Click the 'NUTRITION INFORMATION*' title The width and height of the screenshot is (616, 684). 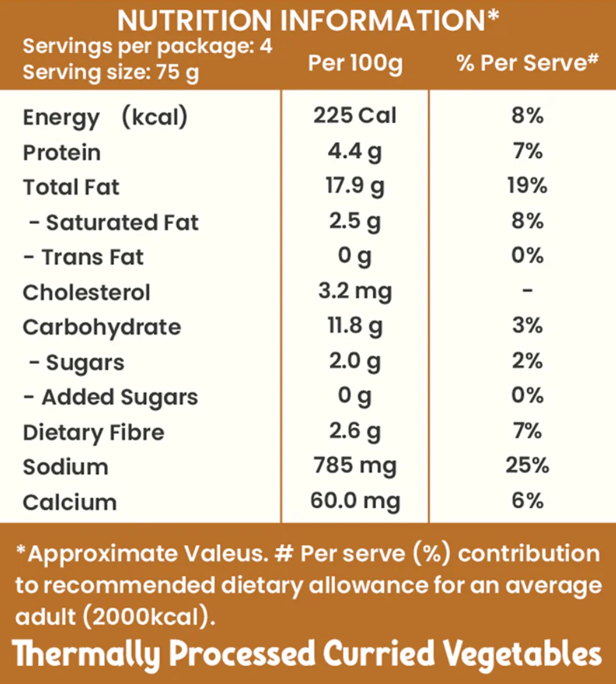pyautogui.click(x=308, y=20)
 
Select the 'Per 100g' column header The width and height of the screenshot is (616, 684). pyautogui.click(x=355, y=63)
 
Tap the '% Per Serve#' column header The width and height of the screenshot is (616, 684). pyautogui.click(x=528, y=63)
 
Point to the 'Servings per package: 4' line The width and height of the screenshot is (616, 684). pyautogui.click(x=147, y=47)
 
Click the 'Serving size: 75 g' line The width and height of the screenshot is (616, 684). pyautogui.click(x=111, y=73)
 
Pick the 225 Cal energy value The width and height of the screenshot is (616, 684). pyautogui.click(x=355, y=116)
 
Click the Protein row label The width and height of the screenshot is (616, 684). pyautogui.click(x=61, y=153)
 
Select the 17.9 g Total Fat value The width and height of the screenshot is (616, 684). pyautogui.click(x=355, y=186)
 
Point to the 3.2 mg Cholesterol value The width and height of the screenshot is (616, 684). pyautogui.click(x=355, y=291)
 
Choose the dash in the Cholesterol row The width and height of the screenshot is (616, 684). pyautogui.click(x=527, y=291)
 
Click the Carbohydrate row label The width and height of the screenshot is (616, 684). pyautogui.click(x=102, y=327)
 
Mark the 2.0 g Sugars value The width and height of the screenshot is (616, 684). pyautogui.click(x=355, y=361)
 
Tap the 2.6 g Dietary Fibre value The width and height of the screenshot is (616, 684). pyautogui.click(x=355, y=431)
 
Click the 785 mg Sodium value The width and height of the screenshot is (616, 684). pyautogui.click(x=355, y=466)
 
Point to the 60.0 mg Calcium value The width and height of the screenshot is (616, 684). pyautogui.click(x=355, y=501)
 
